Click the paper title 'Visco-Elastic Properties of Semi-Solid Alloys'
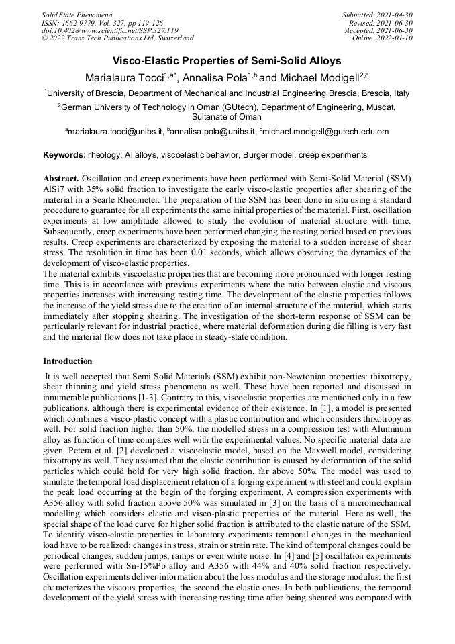click(x=227, y=60)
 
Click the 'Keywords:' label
click(x=64, y=155)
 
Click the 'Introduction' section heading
click(x=68, y=361)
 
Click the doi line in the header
click(x=109, y=30)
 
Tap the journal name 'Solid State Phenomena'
click(x=77, y=14)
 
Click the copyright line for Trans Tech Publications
click(x=117, y=38)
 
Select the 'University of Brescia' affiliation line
click(x=227, y=93)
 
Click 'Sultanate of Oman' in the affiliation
click(x=227, y=116)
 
